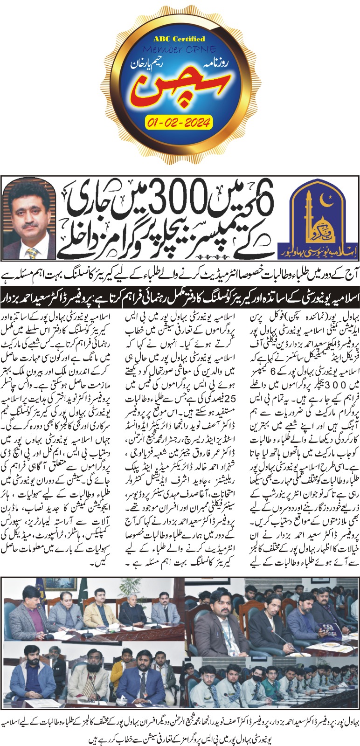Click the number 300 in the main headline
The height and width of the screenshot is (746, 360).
(171, 201)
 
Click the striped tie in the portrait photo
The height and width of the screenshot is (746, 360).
(32, 252)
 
